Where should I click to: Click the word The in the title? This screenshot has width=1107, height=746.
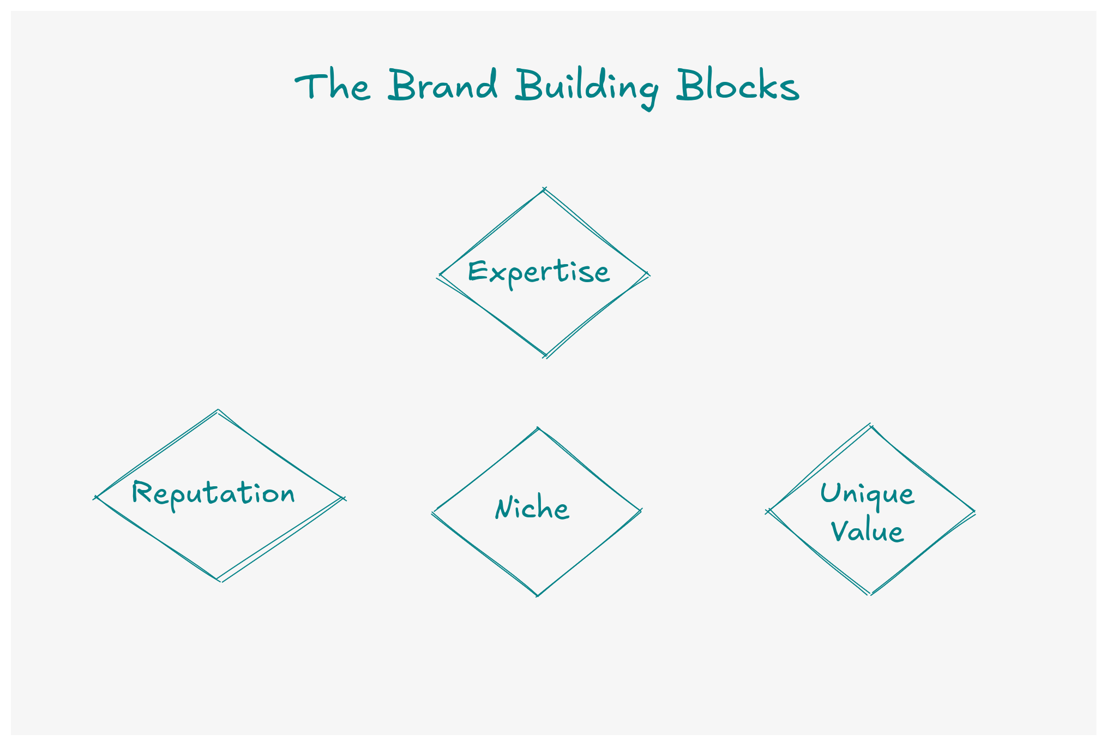pyautogui.click(x=333, y=86)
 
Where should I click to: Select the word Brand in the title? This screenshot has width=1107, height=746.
pyautogui.click(x=443, y=85)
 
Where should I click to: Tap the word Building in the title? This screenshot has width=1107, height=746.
pyautogui.click(x=587, y=87)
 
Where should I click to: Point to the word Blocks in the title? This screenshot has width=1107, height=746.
pyautogui.click(x=737, y=86)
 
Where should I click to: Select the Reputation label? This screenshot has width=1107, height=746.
pyautogui.click(x=213, y=494)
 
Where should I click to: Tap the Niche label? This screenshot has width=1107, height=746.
pyautogui.click(x=532, y=509)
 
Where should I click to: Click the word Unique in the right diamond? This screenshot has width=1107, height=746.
pyautogui.click(x=867, y=494)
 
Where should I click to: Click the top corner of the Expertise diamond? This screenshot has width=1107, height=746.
pyautogui.click(x=544, y=189)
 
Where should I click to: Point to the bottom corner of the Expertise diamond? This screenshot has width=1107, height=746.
pyautogui.click(x=545, y=356)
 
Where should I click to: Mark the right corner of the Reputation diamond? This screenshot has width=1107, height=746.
pyautogui.click(x=343, y=498)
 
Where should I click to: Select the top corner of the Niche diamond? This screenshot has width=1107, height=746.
pyautogui.click(x=538, y=428)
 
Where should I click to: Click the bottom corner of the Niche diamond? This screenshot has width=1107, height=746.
pyautogui.click(x=538, y=595)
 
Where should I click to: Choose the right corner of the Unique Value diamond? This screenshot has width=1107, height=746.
pyautogui.click(x=973, y=512)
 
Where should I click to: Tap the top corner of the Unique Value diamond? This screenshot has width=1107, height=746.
pyautogui.click(x=871, y=426)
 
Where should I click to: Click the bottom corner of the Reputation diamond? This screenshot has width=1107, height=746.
pyautogui.click(x=219, y=580)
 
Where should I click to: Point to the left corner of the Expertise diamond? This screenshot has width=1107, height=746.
pyautogui.click(x=440, y=276)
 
